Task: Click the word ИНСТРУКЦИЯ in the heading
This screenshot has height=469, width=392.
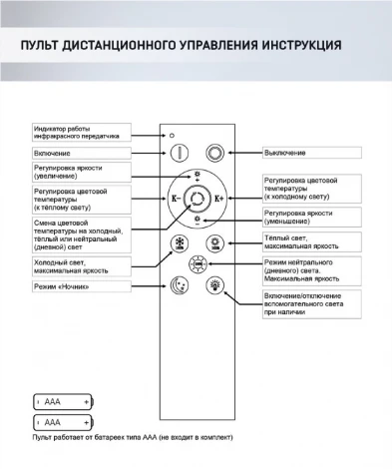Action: tap(299, 47)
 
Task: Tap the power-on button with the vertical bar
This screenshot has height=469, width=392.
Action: tap(181, 154)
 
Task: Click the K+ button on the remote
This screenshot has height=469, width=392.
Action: tap(220, 199)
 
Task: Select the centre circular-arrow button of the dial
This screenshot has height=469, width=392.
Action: tap(197, 199)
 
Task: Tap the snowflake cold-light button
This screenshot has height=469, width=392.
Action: tap(181, 244)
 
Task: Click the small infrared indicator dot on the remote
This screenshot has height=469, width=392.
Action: tap(172, 133)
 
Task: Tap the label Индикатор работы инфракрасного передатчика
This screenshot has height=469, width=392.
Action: tap(81, 131)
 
